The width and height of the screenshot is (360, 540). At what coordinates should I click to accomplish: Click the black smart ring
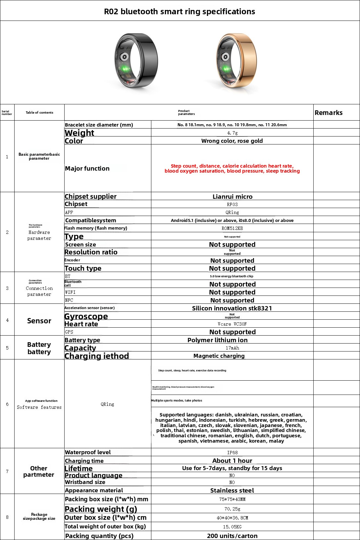136,62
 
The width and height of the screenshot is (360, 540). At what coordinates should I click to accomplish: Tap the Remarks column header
329,113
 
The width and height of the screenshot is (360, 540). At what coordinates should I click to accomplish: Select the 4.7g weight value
232,133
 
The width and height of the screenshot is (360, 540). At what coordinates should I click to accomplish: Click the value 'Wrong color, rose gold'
232,141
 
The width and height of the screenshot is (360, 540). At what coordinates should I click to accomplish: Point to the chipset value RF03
232,204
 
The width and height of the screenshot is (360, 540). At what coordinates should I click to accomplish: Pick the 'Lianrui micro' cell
232,196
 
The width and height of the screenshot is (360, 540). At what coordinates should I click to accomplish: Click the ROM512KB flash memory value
232,228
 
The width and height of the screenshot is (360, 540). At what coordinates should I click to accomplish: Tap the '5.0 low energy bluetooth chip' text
231,276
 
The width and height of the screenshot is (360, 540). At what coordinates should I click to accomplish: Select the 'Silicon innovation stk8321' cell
232,308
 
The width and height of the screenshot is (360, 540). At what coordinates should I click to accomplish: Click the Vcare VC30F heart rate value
232,324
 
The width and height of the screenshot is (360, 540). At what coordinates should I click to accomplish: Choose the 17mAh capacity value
232,348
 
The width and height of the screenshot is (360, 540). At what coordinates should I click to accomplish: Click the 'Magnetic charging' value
219,356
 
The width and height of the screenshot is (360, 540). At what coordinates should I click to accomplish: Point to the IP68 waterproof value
232,453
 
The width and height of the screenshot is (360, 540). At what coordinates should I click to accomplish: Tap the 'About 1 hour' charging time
232,461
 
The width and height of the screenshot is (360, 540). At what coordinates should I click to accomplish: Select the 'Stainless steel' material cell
232,490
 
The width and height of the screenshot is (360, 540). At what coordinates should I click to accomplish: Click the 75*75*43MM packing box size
232,499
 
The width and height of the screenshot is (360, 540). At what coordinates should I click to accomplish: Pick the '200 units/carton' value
232,536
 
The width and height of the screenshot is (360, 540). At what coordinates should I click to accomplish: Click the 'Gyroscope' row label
86,316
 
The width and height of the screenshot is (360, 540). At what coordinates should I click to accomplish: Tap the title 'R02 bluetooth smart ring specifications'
180,12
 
